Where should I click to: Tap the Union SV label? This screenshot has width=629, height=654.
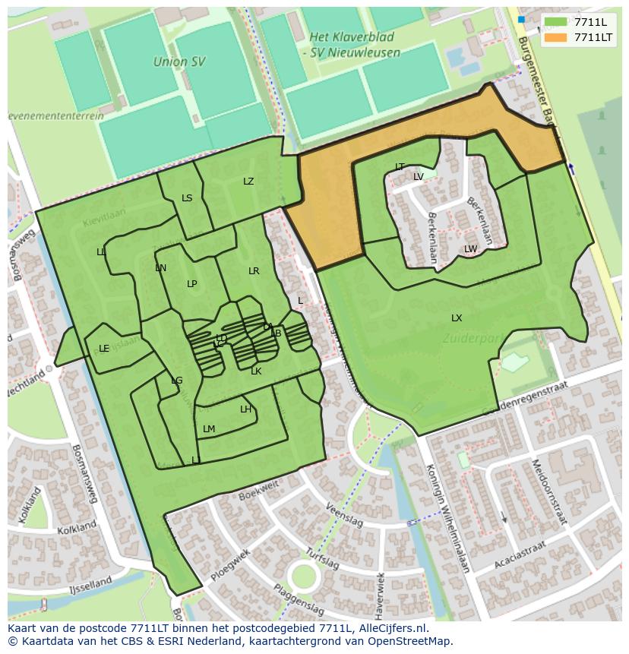tap(180, 62)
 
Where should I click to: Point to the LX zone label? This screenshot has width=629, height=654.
tap(457, 318)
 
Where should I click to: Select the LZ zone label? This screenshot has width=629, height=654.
tap(248, 182)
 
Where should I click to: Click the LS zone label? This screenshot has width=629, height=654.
tap(187, 198)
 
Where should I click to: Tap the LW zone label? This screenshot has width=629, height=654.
tap(470, 249)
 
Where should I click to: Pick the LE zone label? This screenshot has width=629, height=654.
tap(104, 349)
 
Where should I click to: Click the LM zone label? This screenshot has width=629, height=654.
tap(209, 429)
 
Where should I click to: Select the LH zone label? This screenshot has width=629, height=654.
tap(245, 409)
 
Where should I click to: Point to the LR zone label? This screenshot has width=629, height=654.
tap(254, 271)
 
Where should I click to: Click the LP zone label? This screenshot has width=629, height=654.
tap(192, 284)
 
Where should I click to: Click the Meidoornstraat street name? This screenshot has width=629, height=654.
tap(548, 491)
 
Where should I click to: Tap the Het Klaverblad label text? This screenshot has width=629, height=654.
tap(355, 36)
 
